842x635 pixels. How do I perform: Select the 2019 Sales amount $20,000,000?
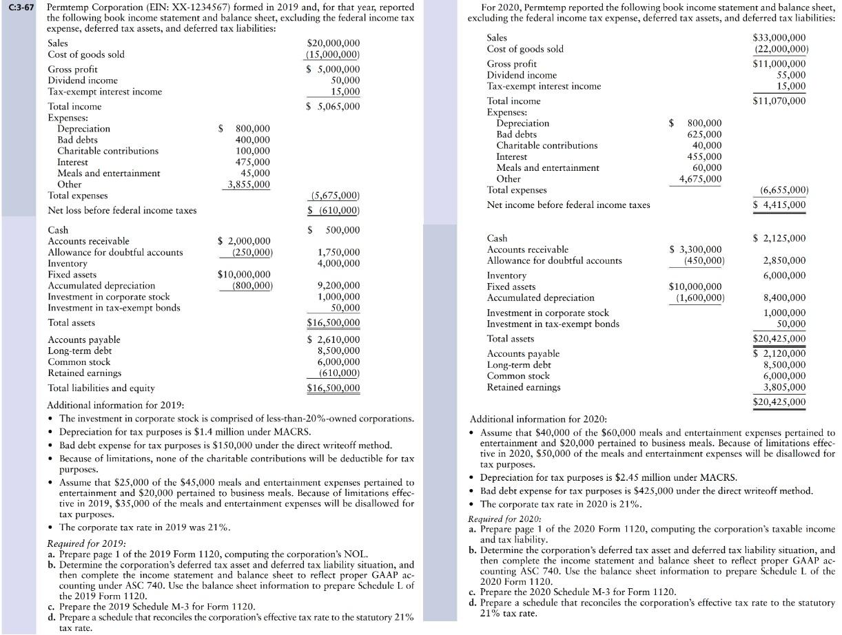click(333, 43)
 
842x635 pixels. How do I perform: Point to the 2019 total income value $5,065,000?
click(333, 107)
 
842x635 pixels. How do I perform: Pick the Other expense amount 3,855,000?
click(249, 185)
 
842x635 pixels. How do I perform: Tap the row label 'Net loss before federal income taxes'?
click(122, 210)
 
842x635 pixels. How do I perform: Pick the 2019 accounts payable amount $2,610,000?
click(333, 340)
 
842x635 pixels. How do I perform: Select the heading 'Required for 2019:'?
click(85, 543)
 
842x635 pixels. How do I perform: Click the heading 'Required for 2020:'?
click(504, 519)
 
